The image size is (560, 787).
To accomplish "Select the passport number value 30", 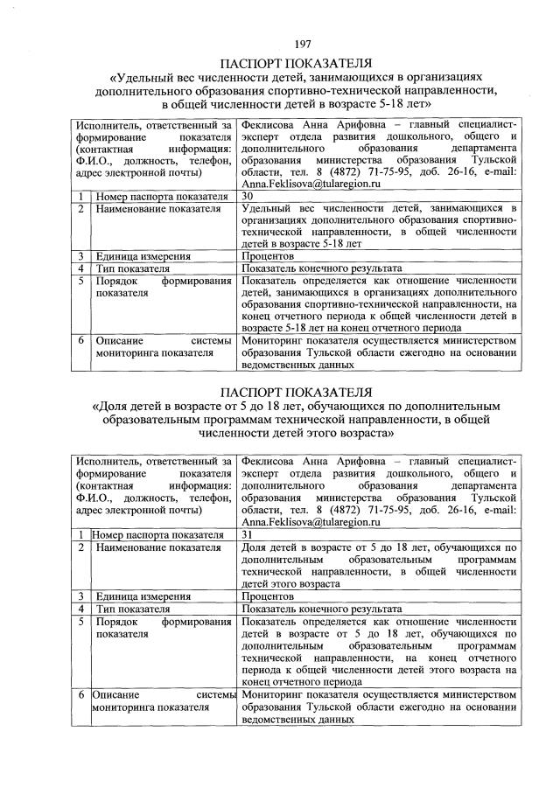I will point(248,197).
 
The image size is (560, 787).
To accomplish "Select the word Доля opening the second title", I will point(112,406).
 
